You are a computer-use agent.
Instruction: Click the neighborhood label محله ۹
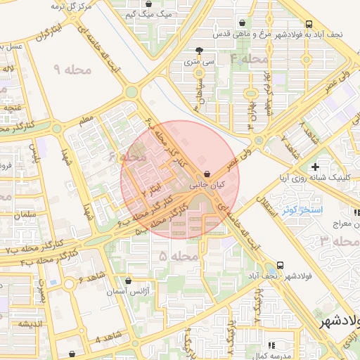pos(73,70)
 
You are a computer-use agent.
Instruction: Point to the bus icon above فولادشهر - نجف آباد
pos(281,265)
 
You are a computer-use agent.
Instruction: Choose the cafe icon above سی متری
pos(200,51)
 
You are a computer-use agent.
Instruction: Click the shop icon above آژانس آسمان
pos(127,281)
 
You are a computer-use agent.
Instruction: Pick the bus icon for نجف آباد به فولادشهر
pos(310,22)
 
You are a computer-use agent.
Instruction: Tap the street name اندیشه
pos(32,323)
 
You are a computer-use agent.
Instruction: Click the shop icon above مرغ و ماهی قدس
pos(243,22)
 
